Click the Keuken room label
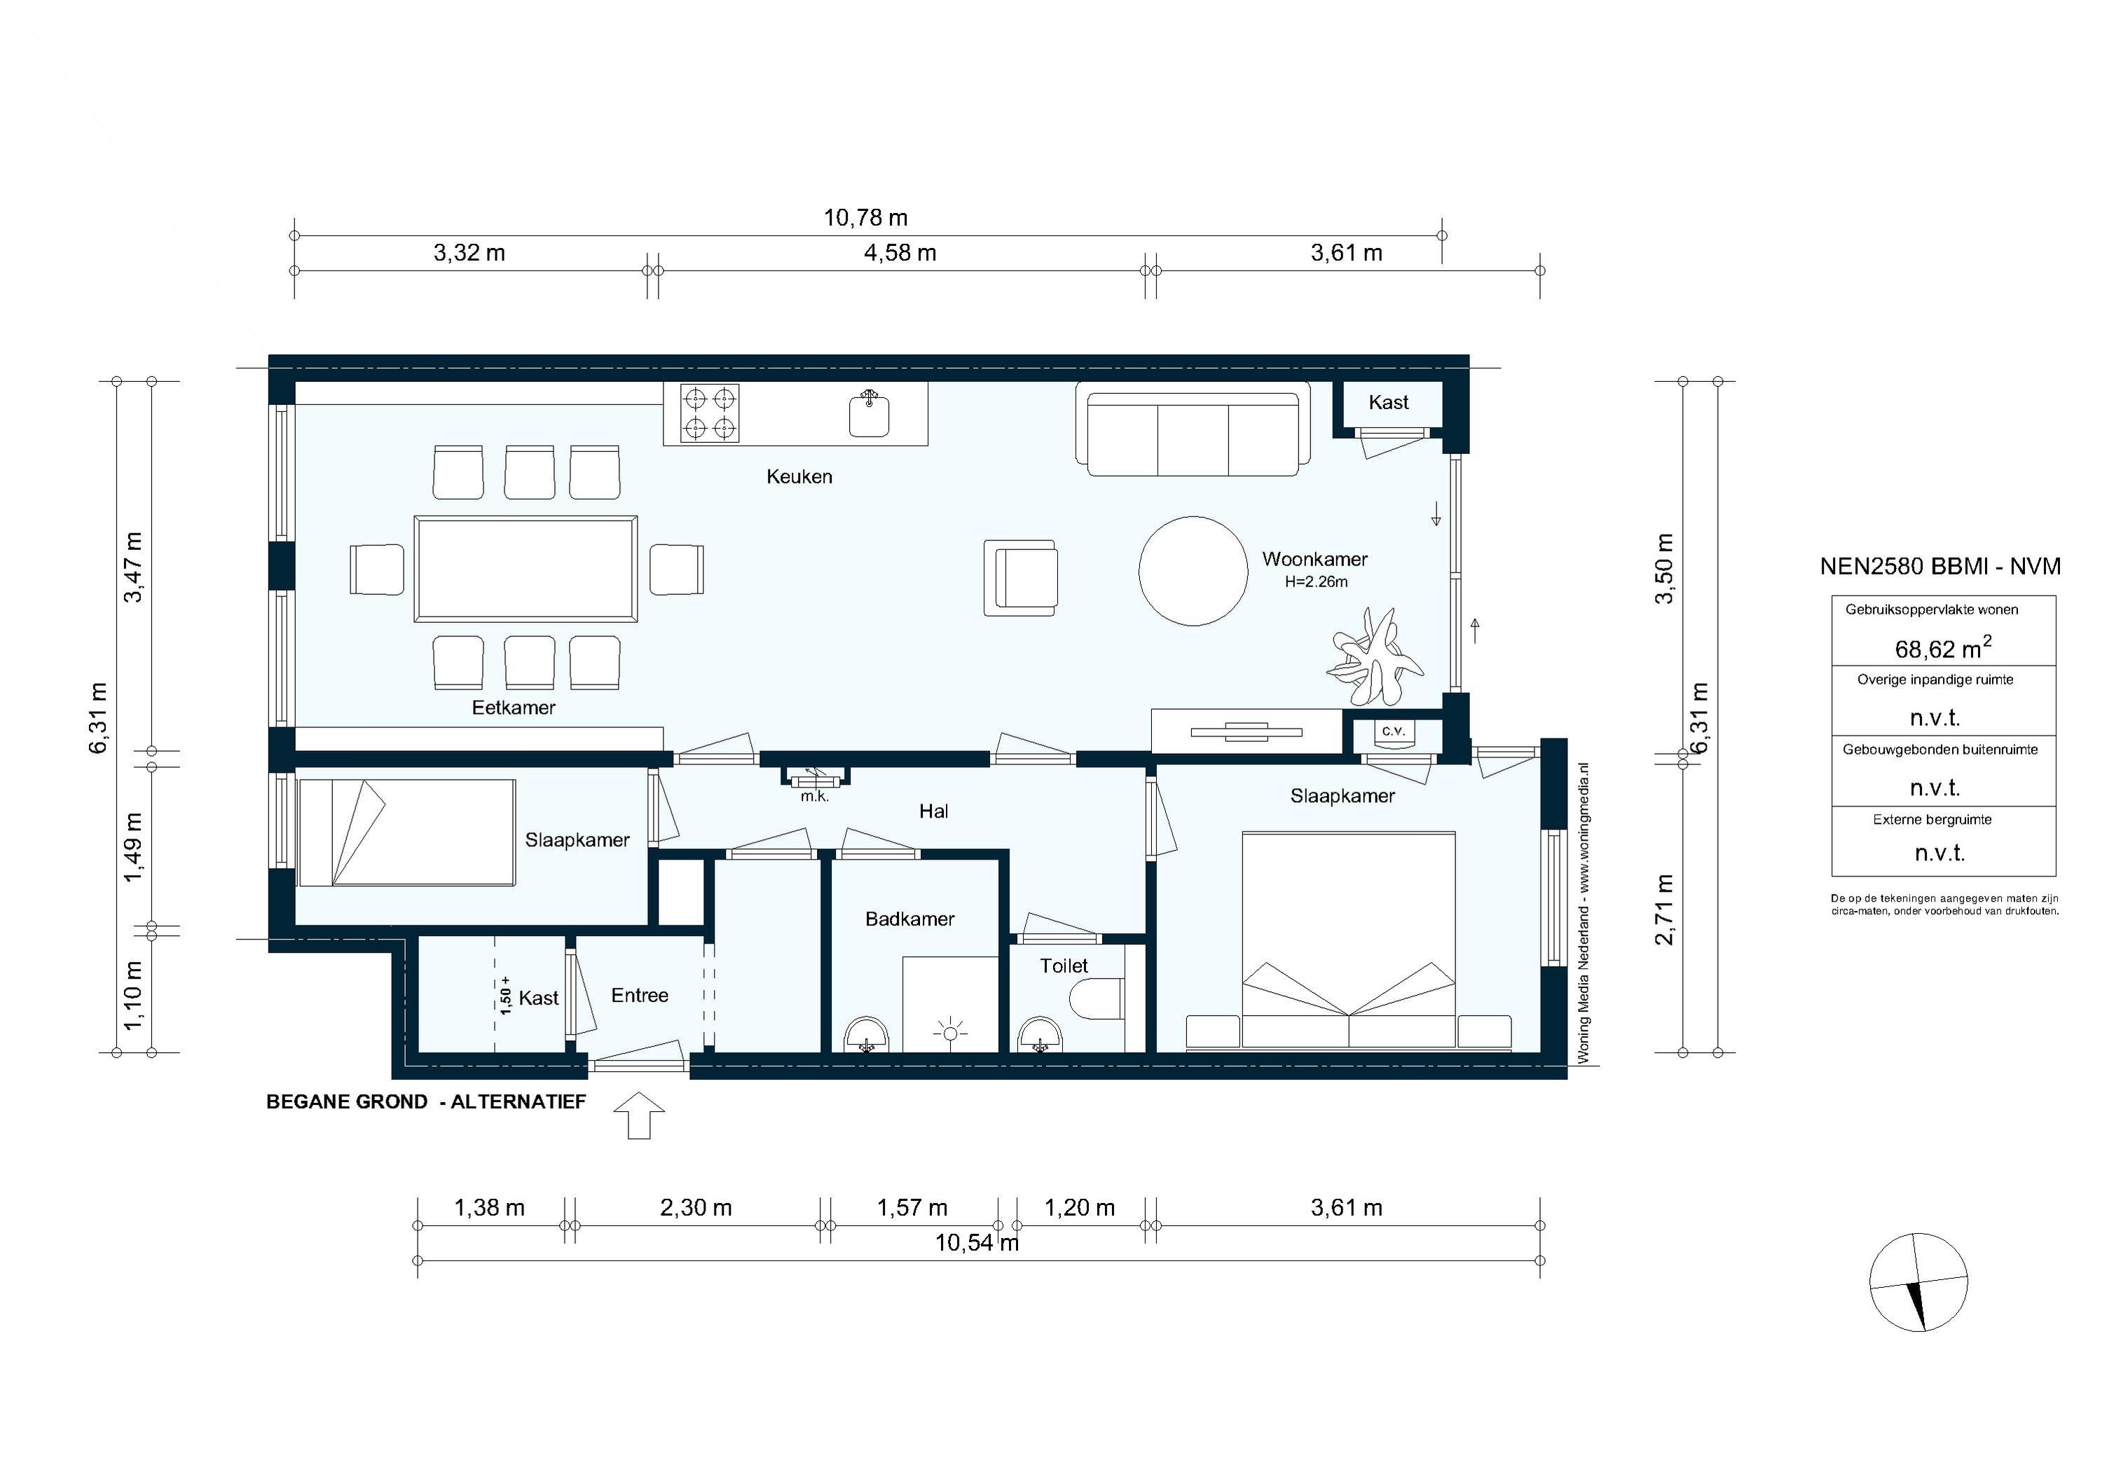click(799, 476)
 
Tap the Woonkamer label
click(1314, 558)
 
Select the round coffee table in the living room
click(1193, 571)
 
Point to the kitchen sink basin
click(868, 415)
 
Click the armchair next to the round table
click(1022, 577)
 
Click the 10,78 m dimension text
click(865, 218)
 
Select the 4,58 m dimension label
click(900, 253)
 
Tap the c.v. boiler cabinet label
click(1392, 731)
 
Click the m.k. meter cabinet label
click(814, 797)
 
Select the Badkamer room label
click(909, 919)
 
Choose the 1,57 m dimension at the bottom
click(912, 1207)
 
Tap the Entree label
click(639, 995)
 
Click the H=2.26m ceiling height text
click(1316, 582)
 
